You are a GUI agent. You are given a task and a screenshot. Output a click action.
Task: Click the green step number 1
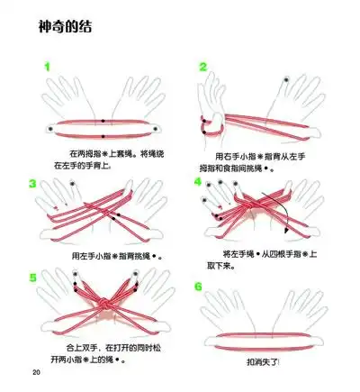coord(46,66)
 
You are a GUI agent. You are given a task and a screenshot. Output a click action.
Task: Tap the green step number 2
coord(203,67)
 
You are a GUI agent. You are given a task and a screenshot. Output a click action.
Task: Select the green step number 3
coord(33,184)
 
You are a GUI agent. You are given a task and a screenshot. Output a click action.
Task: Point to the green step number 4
coord(198,181)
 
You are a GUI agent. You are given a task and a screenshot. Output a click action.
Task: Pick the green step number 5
coord(33,276)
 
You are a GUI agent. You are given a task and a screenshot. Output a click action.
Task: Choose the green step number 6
coord(199,287)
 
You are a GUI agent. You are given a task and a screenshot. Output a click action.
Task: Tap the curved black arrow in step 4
coord(283,212)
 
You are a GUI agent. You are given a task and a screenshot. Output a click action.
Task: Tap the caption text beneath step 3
coord(111,255)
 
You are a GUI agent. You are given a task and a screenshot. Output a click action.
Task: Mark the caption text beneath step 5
coord(102,352)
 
